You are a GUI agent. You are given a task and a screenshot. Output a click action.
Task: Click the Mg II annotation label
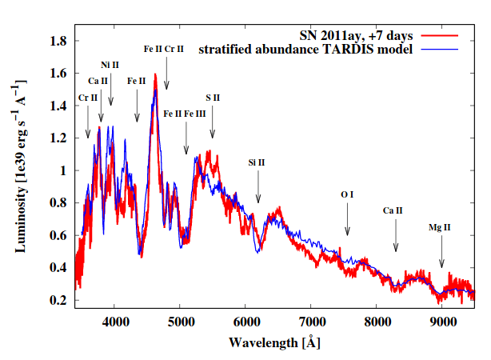440,228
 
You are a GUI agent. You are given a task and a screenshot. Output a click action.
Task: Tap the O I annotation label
347,194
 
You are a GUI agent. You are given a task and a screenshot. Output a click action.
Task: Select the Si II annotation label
257,162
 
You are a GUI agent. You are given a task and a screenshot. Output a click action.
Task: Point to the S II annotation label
212,98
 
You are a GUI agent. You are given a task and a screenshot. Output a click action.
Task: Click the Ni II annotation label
110,64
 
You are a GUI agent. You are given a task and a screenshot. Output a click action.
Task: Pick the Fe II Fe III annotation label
185,114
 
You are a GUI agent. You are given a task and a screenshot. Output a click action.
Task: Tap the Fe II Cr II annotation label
164,49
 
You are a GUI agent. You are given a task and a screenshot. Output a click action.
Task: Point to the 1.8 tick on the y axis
58,40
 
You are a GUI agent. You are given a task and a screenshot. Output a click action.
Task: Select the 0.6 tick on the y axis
58,235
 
